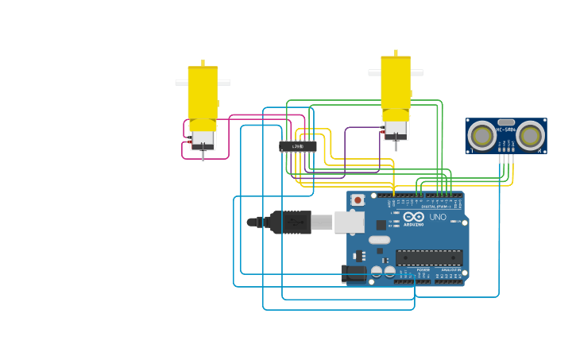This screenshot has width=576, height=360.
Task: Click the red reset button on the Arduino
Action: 358,200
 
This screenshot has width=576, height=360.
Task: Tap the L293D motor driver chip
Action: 298,146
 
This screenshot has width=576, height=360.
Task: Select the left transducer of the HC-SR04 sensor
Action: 481,136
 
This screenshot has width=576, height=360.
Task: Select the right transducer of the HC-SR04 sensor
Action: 530,136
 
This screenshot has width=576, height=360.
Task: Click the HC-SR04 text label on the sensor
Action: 506,130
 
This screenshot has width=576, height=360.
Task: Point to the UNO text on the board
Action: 438,217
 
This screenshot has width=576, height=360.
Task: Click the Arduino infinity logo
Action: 413,217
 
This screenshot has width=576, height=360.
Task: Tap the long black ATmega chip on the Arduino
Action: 429,257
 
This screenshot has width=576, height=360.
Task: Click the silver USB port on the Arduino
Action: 350,222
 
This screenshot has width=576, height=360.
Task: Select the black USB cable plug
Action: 290,223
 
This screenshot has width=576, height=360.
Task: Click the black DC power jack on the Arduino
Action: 354,273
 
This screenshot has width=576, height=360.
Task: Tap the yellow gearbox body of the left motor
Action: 203,94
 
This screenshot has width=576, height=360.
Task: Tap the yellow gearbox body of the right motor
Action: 396,83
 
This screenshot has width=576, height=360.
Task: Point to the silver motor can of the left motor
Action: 203,138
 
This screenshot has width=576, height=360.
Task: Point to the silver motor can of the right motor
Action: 396,128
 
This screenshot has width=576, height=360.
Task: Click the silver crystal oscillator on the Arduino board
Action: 380,239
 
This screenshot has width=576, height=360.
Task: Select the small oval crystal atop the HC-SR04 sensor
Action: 506,122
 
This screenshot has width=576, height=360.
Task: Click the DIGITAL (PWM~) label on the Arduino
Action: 434,207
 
